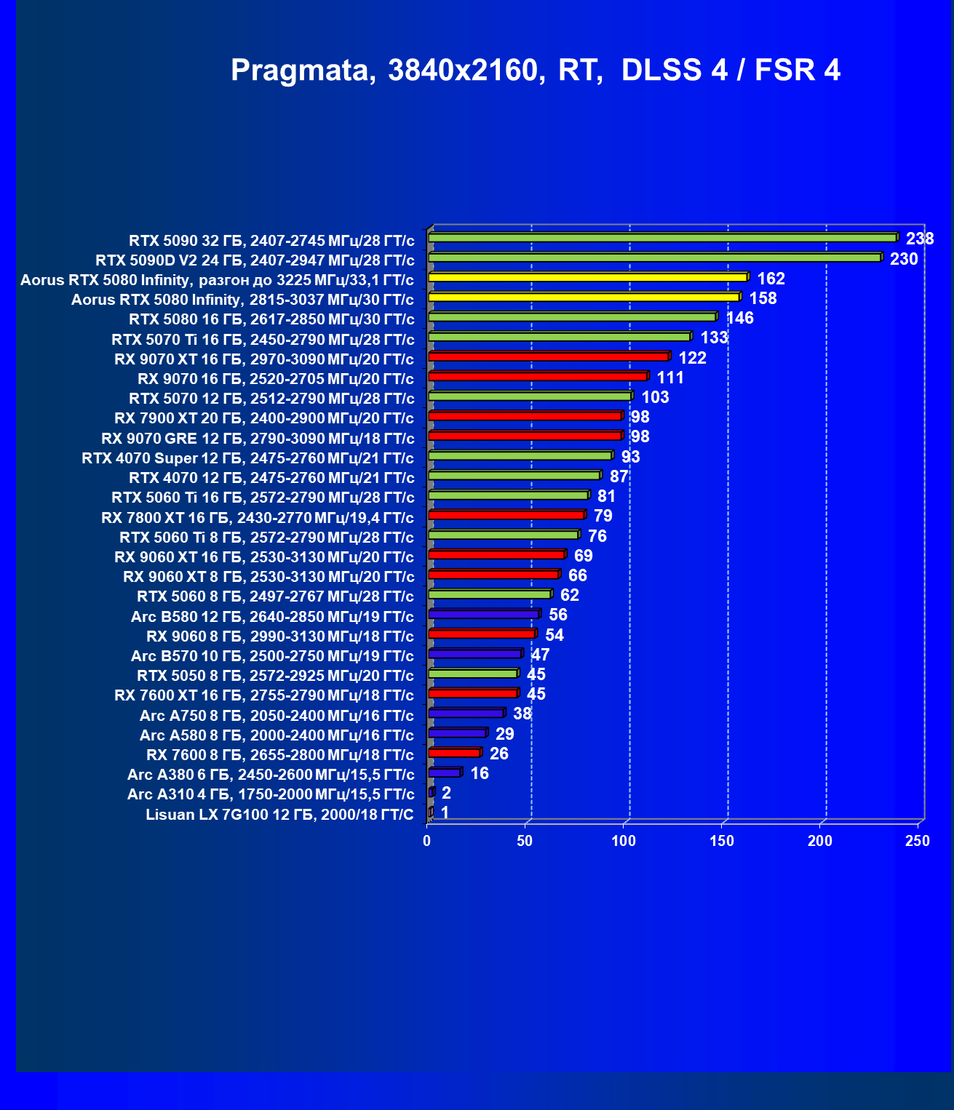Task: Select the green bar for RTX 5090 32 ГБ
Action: (x=664, y=237)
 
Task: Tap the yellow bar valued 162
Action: (x=589, y=277)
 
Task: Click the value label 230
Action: (x=904, y=259)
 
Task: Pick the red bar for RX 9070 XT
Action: (x=549, y=356)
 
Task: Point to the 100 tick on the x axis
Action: (x=624, y=840)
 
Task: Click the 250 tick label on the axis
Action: (x=918, y=840)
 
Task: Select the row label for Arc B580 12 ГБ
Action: (x=272, y=617)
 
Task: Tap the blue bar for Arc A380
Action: (x=445, y=772)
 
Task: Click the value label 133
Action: (x=715, y=338)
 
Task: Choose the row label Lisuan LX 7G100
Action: (x=280, y=815)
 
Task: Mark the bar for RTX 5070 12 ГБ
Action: (x=530, y=396)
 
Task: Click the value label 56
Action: (x=558, y=615)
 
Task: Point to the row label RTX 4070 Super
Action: (x=247, y=458)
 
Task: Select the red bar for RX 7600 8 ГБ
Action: (x=456, y=752)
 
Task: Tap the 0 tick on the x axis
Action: (x=426, y=840)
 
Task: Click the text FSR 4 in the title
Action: (x=798, y=71)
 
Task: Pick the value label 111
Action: (x=670, y=378)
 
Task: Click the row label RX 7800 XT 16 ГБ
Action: (x=258, y=518)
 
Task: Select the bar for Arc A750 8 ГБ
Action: (x=467, y=713)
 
